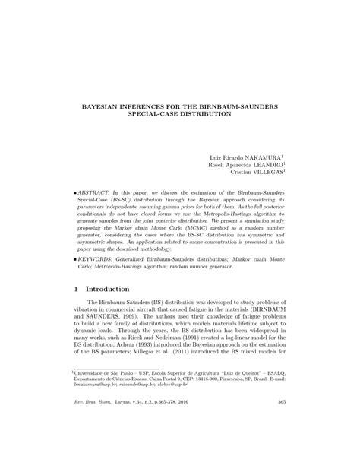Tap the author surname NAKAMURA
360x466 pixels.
click(x=262, y=157)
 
